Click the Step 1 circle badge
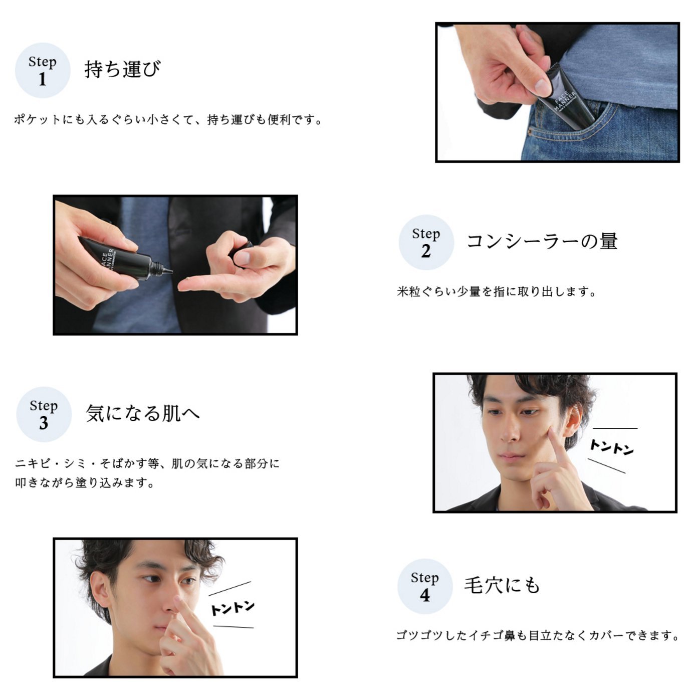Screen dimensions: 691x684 [42, 70]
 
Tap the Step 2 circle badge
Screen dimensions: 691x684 [426, 242]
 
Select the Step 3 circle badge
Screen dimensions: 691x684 [44, 414]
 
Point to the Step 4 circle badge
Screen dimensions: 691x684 [425, 586]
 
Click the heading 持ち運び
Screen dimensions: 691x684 [122, 69]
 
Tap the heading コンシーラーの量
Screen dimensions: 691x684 [542, 241]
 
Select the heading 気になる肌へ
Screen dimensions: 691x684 [143, 413]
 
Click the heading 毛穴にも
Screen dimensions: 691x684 [502, 585]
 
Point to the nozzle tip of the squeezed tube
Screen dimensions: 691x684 [170, 271]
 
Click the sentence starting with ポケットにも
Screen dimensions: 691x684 [168, 119]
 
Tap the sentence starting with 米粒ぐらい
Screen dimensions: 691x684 [497, 291]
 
